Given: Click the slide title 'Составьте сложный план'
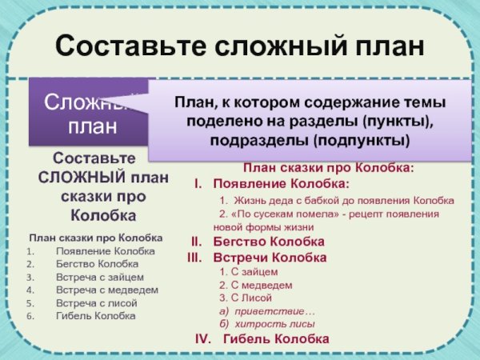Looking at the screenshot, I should click(x=240, y=45).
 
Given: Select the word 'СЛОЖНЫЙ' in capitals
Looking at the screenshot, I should click(x=77, y=178).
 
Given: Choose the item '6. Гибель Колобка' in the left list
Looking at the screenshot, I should click(x=95, y=316).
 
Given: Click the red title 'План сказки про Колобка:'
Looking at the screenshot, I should click(x=328, y=169).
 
